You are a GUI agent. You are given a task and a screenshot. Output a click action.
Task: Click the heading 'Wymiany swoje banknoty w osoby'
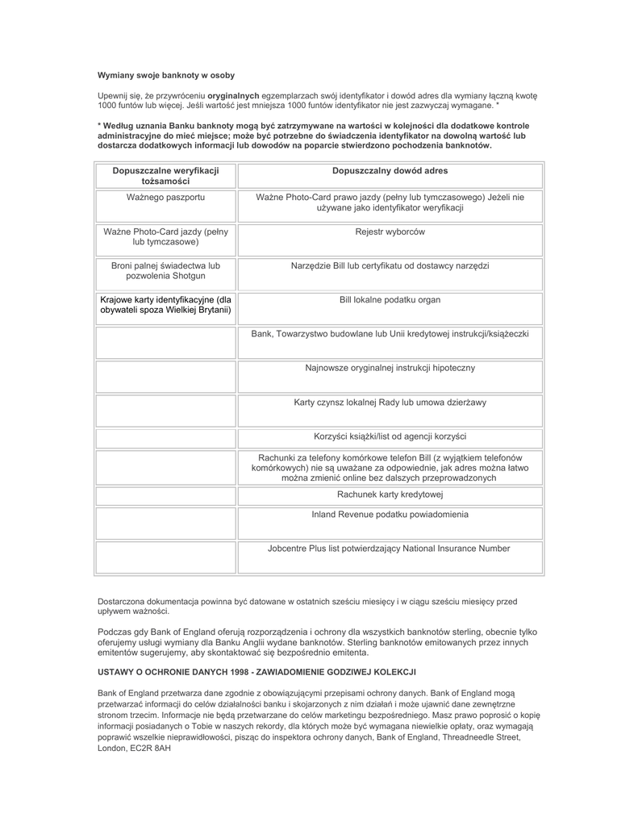point(166,75)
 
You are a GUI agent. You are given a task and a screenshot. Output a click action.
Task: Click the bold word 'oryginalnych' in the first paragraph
point(233,96)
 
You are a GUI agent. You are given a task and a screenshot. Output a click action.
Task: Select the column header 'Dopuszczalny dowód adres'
point(390,171)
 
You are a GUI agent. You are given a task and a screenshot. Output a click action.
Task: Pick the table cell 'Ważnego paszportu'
point(165,197)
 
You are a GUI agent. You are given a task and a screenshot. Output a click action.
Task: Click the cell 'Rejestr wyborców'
point(390,232)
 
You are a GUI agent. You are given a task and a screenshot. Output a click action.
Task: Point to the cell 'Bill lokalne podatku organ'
point(390,299)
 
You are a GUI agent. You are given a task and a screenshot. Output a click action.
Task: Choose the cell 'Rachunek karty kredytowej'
point(390,494)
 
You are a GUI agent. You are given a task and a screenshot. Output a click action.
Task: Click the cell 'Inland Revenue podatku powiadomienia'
point(390,514)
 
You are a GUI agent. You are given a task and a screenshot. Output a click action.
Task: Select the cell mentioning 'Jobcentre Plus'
point(390,549)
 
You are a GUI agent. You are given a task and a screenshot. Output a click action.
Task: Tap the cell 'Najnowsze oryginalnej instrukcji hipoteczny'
point(390,368)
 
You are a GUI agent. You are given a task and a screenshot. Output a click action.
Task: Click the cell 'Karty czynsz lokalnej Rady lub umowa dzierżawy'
point(390,402)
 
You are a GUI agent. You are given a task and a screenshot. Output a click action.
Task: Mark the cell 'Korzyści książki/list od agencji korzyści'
point(390,436)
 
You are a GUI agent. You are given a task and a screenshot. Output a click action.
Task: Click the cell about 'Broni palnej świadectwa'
point(165,270)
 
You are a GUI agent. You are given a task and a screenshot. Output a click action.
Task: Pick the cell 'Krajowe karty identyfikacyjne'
point(165,304)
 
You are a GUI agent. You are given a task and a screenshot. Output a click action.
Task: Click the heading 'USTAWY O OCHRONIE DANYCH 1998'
point(256,672)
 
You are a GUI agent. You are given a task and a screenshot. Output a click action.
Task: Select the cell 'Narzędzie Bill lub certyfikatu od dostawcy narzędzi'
point(390,265)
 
